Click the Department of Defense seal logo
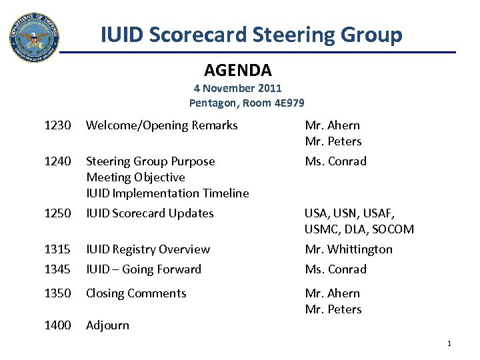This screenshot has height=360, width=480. click(x=34, y=37)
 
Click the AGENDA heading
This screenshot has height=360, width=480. click(x=237, y=69)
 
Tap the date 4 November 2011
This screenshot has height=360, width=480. click(x=238, y=88)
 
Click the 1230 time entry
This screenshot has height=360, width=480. click(x=57, y=125)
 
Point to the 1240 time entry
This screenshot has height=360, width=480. click(x=57, y=161)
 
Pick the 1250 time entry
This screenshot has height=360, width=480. click(x=57, y=213)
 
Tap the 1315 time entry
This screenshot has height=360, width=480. click(x=57, y=249)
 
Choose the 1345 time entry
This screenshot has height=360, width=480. click(x=57, y=269)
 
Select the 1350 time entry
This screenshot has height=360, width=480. click(x=57, y=293)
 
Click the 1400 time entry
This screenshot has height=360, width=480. click(x=57, y=325)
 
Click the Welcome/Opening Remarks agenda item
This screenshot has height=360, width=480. click(x=162, y=125)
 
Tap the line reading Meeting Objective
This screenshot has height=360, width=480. click(x=135, y=177)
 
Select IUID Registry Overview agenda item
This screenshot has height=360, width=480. click(x=148, y=249)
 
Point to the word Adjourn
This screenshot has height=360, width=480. click(x=108, y=325)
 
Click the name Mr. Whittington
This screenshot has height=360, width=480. click(x=349, y=249)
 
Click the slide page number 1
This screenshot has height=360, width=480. click(x=449, y=343)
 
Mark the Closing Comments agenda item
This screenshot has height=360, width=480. click(x=136, y=293)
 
